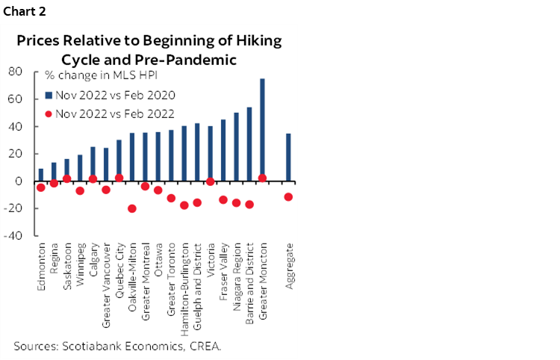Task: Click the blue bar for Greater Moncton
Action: pyautogui.click(x=262, y=129)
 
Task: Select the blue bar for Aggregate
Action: pyautogui.click(x=288, y=157)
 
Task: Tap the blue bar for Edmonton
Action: pyautogui.click(x=40, y=175)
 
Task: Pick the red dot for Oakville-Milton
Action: pyautogui.click(x=132, y=208)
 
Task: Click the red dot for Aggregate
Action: pyautogui.click(x=288, y=197)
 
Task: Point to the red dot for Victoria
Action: pyautogui.click(x=211, y=181)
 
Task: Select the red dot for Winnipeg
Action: pyautogui.click(x=80, y=190)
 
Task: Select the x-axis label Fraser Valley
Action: pyautogui.click(x=223, y=269)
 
